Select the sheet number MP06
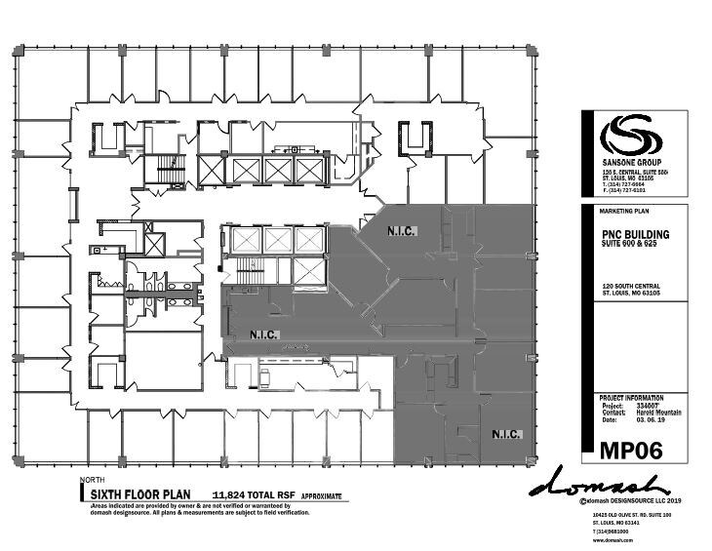pyautogui.click(x=628, y=450)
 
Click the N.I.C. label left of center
pyautogui.click(x=265, y=335)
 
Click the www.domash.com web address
pyautogui.click(x=607, y=538)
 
